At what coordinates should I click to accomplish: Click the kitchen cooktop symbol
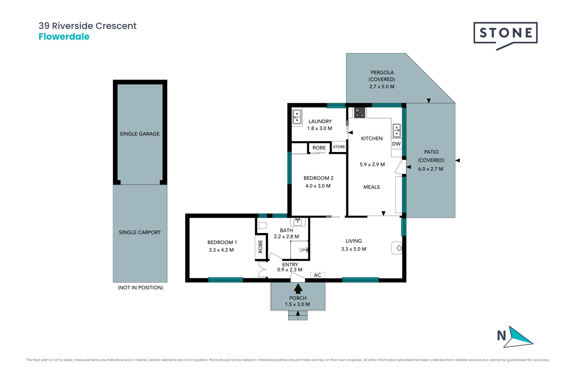click(x=360, y=112)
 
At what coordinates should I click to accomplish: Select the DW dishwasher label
click(x=396, y=144)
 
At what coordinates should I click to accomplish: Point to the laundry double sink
click(x=297, y=117)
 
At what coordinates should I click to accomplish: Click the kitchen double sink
click(x=397, y=131)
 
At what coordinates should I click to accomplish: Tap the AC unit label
click(x=317, y=275)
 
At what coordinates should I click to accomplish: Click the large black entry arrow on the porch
click(x=298, y=289)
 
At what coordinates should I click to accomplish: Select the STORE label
click(x=339, y=147)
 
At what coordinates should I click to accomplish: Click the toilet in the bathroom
click(x=262, y=225)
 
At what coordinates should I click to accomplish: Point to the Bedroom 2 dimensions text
click(x=318, y=186)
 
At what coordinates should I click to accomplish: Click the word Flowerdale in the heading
click(x=64, y=37)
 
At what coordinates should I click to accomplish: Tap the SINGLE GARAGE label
click(x=140, y=134)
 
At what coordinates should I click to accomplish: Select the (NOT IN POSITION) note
click(x=140, y=288)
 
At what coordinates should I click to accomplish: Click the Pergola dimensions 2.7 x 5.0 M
click(x=382, y=87)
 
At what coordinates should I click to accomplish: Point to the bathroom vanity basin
click(x=298, y=222)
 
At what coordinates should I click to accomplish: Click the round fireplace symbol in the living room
click(x=399, y=248)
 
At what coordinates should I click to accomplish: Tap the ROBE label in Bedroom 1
click(x=260, y=246)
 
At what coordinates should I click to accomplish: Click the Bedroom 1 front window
click(x=226, y=280)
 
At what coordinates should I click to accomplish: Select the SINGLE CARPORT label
click(x=140, y=232)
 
